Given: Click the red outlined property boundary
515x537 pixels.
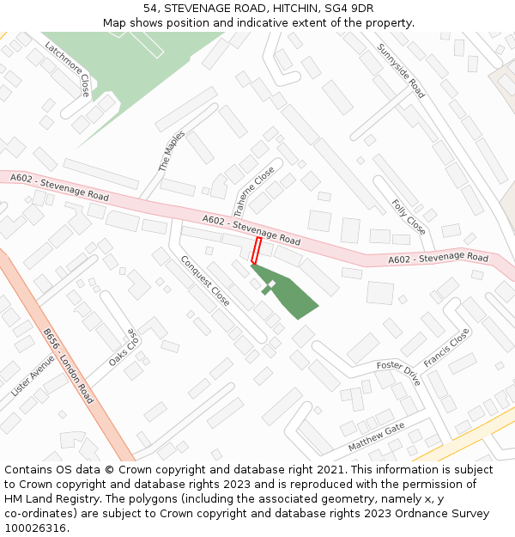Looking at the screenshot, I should (x=256, y=251).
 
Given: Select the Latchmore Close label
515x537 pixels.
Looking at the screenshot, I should (x=68, y=69).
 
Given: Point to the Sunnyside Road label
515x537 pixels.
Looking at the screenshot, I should (x=401, y=70).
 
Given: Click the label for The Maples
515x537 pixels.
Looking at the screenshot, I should (x=172, y=151).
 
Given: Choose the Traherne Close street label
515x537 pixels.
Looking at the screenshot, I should (x=254, y=191).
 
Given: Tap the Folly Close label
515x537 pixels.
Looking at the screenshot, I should (x=409, y=217).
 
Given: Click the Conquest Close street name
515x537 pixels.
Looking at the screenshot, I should (x=205, y=281).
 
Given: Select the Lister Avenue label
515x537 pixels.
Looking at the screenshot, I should (x=33, y=376).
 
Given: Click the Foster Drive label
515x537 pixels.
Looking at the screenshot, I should (x=399, y=373).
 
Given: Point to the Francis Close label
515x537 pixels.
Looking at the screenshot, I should (x=446, y=348).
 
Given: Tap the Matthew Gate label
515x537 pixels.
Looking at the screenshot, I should (x=376, y=438).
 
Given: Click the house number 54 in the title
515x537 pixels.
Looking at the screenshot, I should (x=150, y=8).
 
